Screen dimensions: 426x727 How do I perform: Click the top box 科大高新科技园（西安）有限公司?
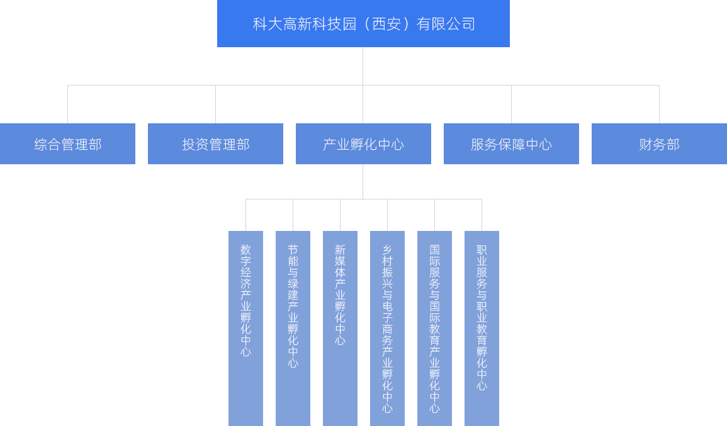coord(363,24)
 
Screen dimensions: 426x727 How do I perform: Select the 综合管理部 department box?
coord(67,144)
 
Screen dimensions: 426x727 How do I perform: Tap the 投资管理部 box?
coord(215,144)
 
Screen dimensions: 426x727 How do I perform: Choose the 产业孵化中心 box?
coord(363,144)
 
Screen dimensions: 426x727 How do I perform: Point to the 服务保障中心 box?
coord(510,144)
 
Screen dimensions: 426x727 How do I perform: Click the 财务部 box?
coord(658,144)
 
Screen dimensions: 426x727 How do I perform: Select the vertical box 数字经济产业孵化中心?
coord(245,327)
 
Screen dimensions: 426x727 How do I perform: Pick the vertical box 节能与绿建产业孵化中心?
coord(293,327)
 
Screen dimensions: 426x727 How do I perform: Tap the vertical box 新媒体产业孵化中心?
coord(340,327)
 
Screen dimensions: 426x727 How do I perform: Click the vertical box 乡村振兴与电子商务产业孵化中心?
coord(387,327)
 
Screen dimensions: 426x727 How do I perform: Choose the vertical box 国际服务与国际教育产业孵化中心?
coord(434,327)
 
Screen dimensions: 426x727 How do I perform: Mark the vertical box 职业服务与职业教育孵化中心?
coord(482,327)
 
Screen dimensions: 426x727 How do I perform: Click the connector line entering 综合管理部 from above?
coord(67,104)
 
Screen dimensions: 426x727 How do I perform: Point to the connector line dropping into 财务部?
coord(659,104)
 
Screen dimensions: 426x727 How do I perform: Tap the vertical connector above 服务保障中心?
coord(511,104)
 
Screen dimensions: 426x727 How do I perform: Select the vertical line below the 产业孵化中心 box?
coord(363,181)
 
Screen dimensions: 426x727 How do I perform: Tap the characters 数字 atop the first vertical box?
coord(245,255)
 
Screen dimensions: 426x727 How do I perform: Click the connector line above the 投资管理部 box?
coord(215,104)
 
